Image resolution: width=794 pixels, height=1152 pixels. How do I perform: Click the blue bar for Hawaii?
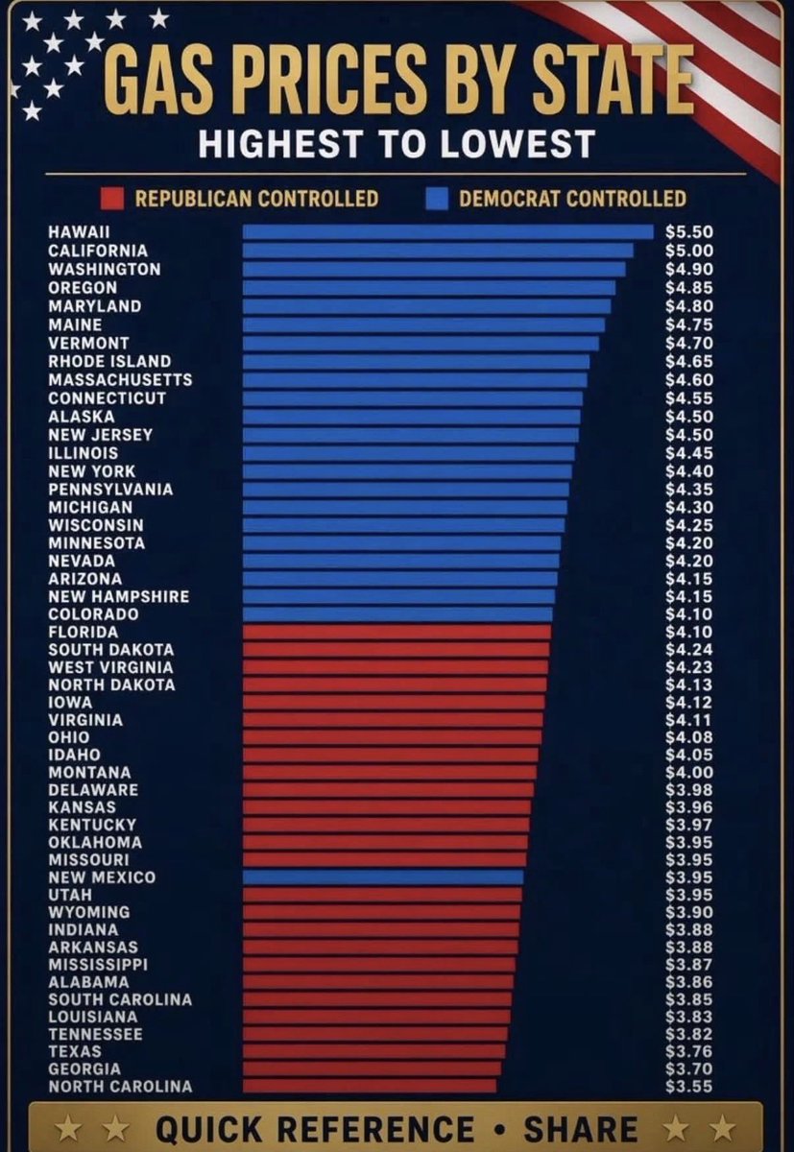pyautogui.click(x=448, y=231)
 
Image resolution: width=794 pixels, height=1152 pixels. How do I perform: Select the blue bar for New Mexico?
pyautogui.click(x=383, y=876)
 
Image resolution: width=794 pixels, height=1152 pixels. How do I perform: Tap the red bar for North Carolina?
pyautogui.click(x=370, y=1086)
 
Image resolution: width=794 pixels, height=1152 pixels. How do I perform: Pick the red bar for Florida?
pyautogui.click(x=397, y=632)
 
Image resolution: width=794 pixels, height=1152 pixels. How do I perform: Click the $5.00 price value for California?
pyautogui.click(x=689, y=251)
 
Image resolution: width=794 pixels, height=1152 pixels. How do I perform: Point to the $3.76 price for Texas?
pyautogui.click(x=689, y=1051)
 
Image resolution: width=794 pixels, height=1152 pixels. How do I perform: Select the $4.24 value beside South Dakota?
pyautogui.click(x=689, y=650)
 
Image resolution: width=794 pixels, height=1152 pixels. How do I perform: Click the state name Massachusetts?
pyautogui.click(x=120, y=379)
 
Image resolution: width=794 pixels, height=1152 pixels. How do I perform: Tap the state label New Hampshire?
pyautogui.click(x=119, y=596)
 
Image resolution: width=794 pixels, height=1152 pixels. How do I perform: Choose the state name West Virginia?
pyautogui.click(x=111, y=667)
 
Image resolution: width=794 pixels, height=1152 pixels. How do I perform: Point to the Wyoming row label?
pyautogui.click(x=89, y=912)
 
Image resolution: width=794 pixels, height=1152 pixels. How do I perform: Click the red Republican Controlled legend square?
pyautogui.click(x=112, y=199)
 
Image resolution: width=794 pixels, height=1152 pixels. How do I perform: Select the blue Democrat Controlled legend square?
pyautogui.click(x=438, y=199)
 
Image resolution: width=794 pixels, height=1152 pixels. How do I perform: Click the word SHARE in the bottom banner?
pyautogui.click(x=581, y=1128)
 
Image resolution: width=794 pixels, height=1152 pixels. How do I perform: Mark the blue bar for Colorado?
pyautogui.click(x=397, y=614)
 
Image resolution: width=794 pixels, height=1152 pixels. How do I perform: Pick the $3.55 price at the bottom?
pyautogui.click(x=689, y=1086)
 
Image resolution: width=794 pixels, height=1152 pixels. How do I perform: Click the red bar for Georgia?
pyautogui.click(x=372, y=1068)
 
